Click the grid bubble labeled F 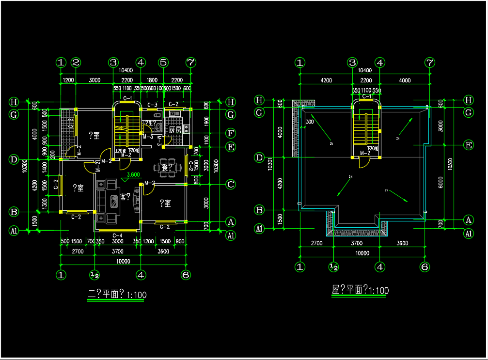[x=231, y=133]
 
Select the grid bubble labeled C [x=231, y=184]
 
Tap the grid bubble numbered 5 [x=163, y=63]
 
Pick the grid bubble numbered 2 [x=76, y=63]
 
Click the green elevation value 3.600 [x=133, y=175]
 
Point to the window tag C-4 [x=117, y=235]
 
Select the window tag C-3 [x=152, y=105]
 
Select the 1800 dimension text [x=152, y=80]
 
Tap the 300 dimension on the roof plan [x=310, y=122]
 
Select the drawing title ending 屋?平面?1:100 [x=360, y=291]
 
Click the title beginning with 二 [x=116, y=294]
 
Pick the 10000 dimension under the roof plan [x=362, y=253]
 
